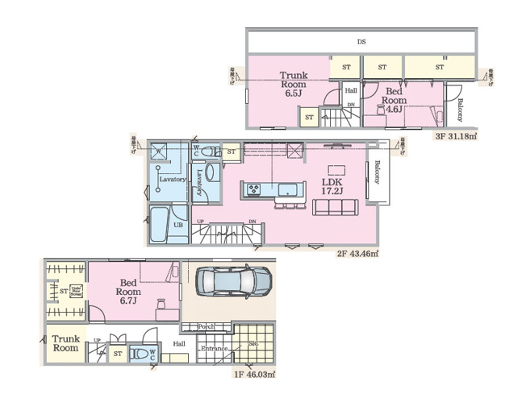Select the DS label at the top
coord(361,40)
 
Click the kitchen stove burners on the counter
coord(253,189)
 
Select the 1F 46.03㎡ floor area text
coord(254,375)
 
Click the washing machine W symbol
coord(159,151)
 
